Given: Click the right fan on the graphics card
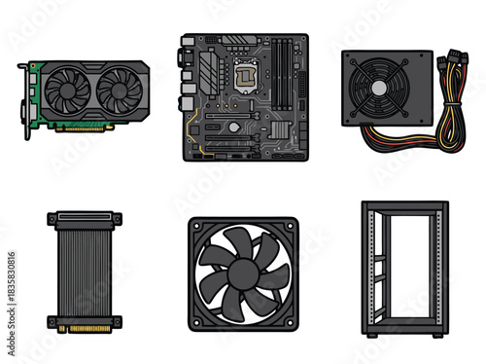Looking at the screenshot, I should coord(117,90).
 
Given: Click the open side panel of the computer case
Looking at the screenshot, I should coord(404,268).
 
